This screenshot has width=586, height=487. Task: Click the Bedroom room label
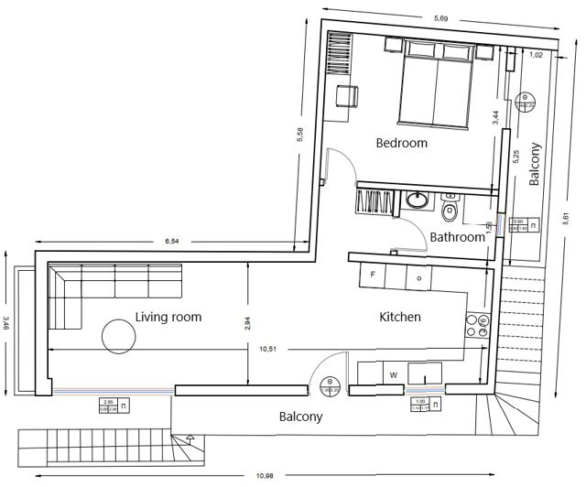[402, 144]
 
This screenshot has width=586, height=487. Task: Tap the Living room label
[168, 317]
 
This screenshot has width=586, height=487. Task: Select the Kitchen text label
[400, 317]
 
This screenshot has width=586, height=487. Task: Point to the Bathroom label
[457, 237]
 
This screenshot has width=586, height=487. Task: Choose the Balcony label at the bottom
[300, 417]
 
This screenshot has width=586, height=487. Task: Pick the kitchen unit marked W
[392, 373]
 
